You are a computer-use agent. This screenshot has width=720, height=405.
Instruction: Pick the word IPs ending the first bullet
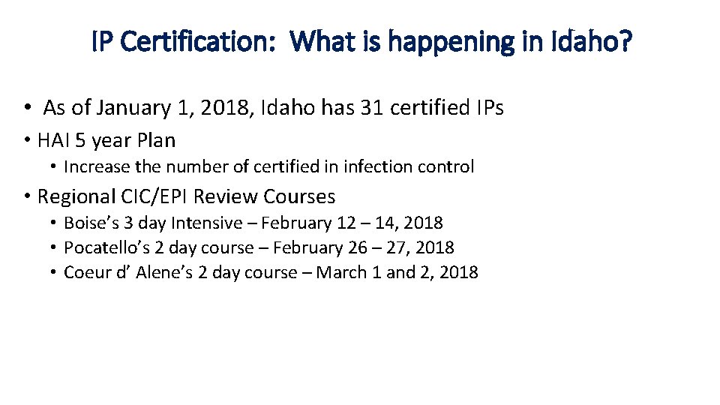tap(490, 108)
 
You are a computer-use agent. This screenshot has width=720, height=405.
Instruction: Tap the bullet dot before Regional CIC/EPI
tap(26, 196)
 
